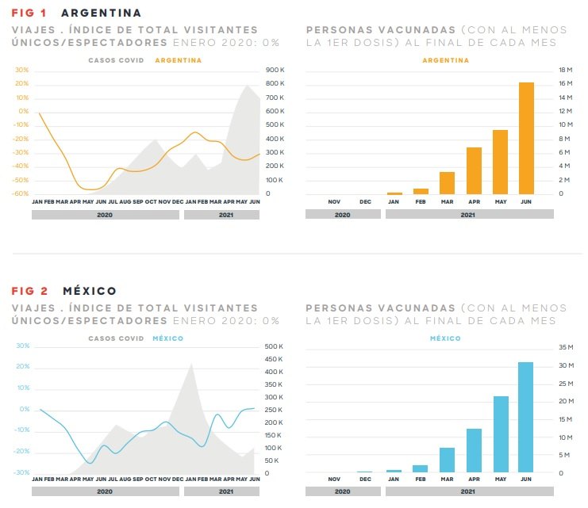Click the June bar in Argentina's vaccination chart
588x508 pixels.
click(x=526, y=138)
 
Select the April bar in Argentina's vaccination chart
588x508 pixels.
click(x=474, y=170)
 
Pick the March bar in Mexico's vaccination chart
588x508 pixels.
click(x=447, y=460)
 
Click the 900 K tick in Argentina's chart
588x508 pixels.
click(x=276, y=71)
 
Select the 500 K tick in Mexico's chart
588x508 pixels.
click(x=275, y=347)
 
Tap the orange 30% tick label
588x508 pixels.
click(x=22, y=71)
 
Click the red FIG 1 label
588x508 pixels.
click(x=28, y=13)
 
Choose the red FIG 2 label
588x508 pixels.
click(x=28, y=291)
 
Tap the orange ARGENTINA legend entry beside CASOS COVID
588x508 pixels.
click(x=179, y=60)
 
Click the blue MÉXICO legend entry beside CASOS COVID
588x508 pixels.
click(x=167, y=338)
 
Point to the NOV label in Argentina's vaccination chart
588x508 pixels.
click(x=334, y=202)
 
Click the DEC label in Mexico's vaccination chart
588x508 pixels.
click(x=365, y=479)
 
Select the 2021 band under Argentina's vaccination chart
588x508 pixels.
click(x=468, y=214)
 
